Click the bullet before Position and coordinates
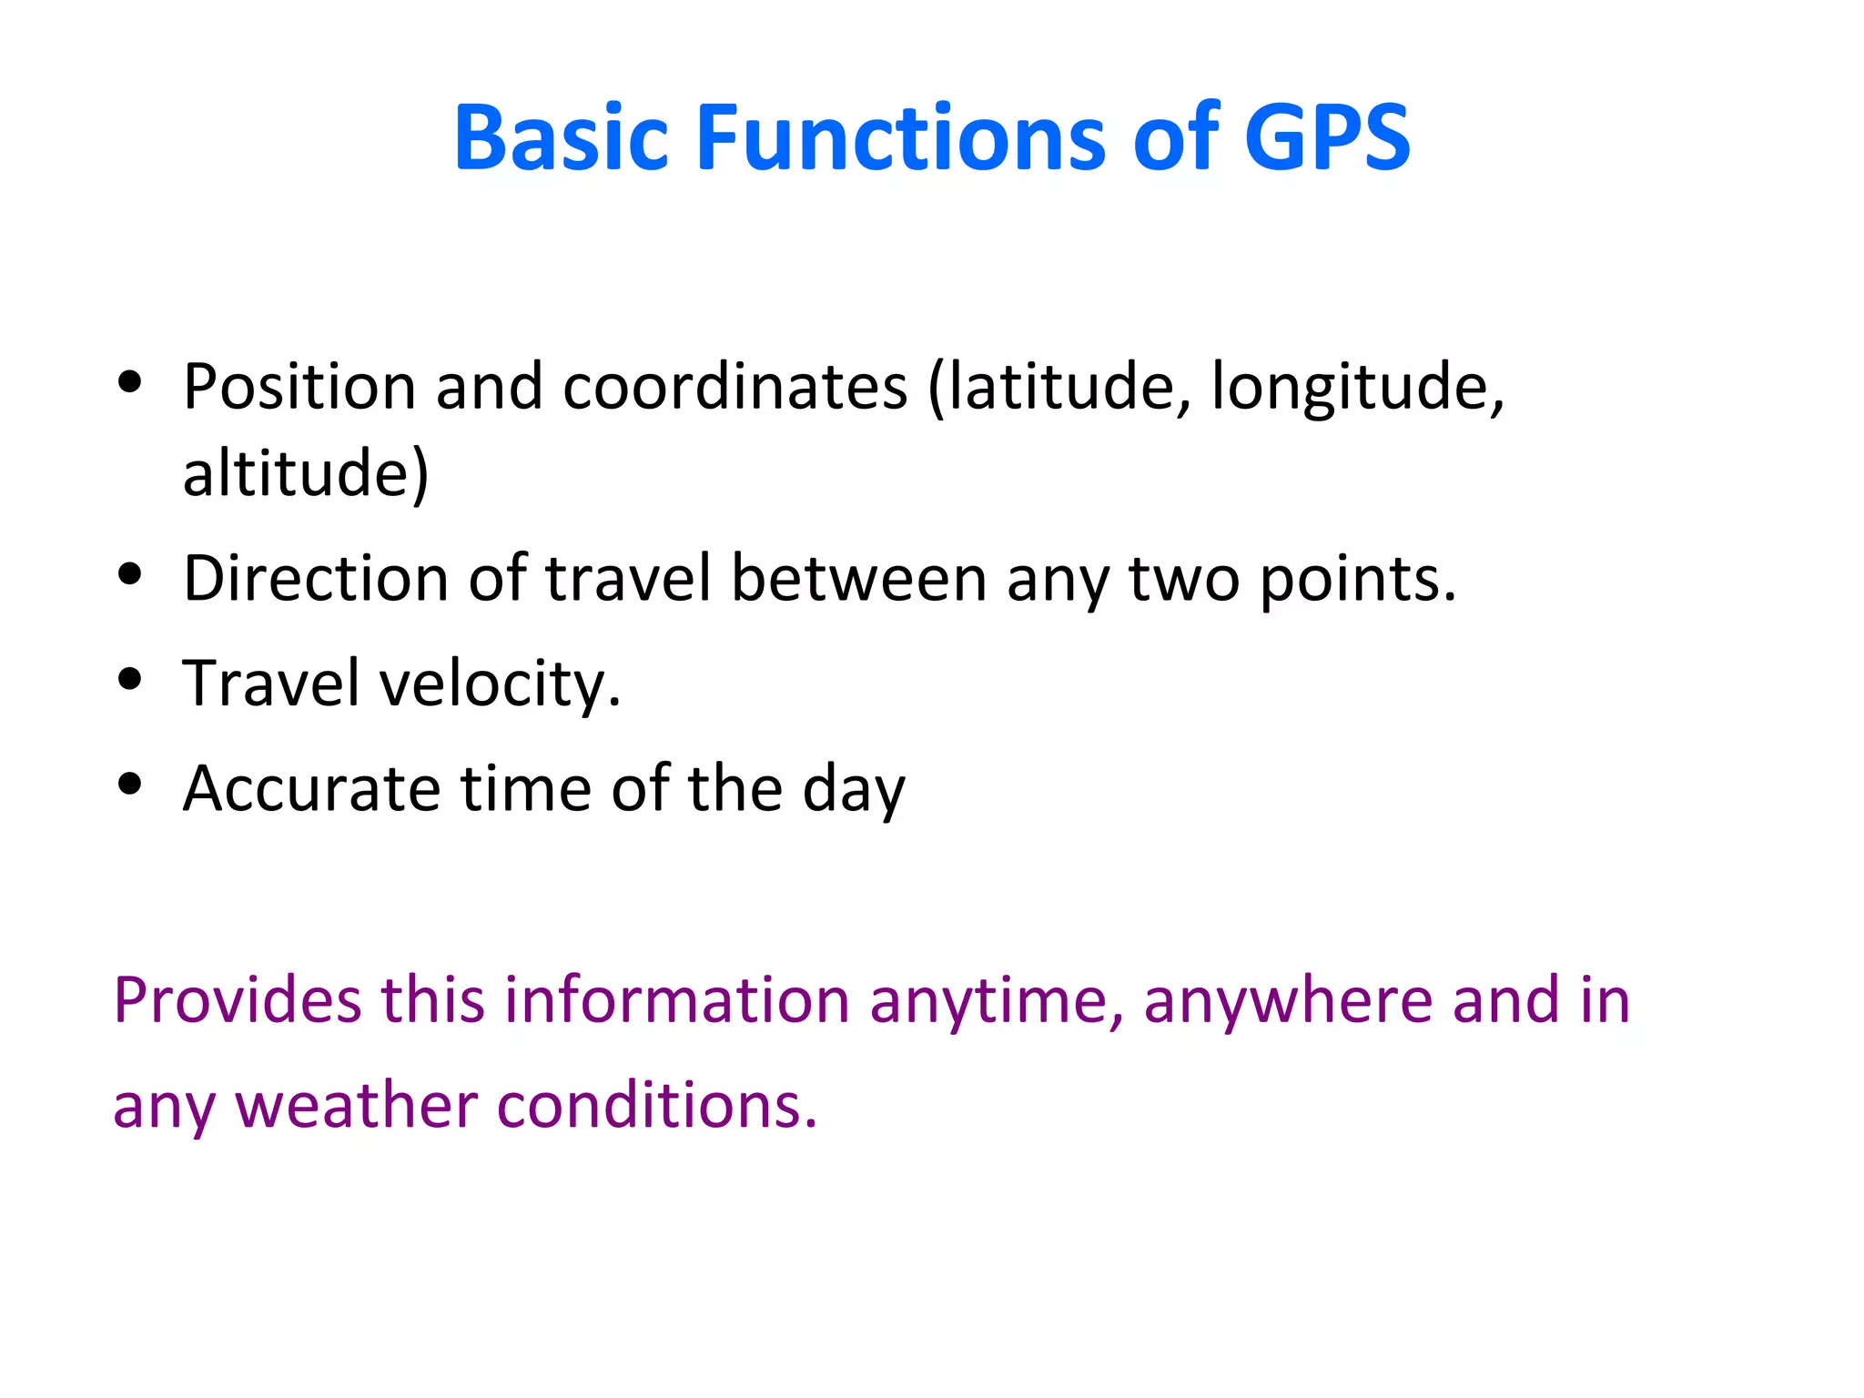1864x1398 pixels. click(x=130, y=382)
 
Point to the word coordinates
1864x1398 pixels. click(x=735, y=387)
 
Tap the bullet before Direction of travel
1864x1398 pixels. click(x=130, y=574)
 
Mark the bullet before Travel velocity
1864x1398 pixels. click(x=130, y=679)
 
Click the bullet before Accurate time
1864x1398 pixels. click(x=130, y=784)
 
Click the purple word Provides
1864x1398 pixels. click(x=237, y=1001)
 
